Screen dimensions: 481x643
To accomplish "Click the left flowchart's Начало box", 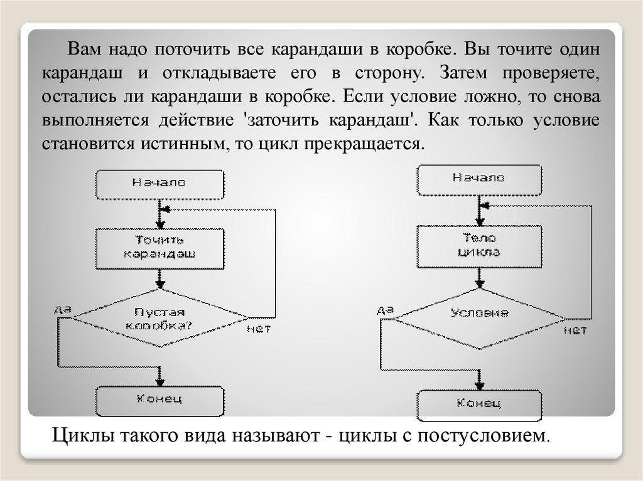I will [159, 182].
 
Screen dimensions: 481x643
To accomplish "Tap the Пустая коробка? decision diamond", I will [159, 318].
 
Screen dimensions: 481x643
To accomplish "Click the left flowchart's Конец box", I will [159, 399].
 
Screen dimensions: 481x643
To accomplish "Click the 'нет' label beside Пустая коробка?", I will [258, 328].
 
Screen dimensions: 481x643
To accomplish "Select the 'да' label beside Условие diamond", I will [386, 309].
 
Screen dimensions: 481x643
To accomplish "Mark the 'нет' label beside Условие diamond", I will [575, 330].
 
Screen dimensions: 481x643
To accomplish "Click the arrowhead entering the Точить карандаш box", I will [159, 223].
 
